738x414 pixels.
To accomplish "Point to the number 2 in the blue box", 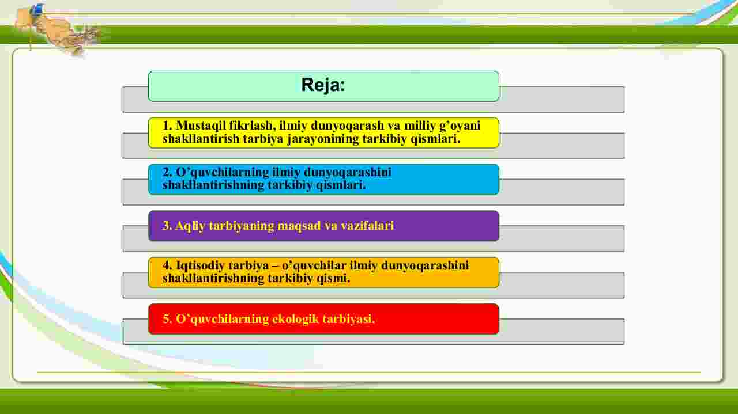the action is (167, 172).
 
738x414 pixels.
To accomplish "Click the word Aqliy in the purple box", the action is (190, 226).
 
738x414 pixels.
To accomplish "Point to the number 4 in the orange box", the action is (167, 265).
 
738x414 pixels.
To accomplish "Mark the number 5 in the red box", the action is (167, 319).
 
